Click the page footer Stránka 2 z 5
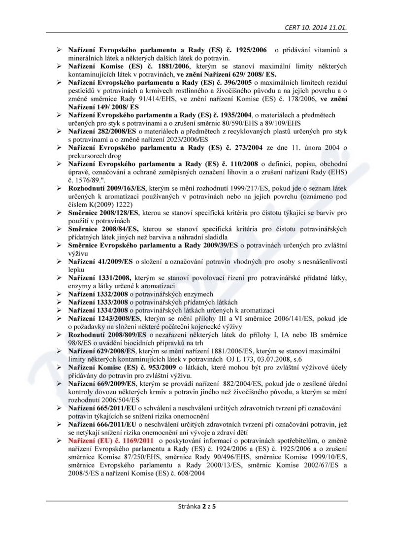197,506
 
